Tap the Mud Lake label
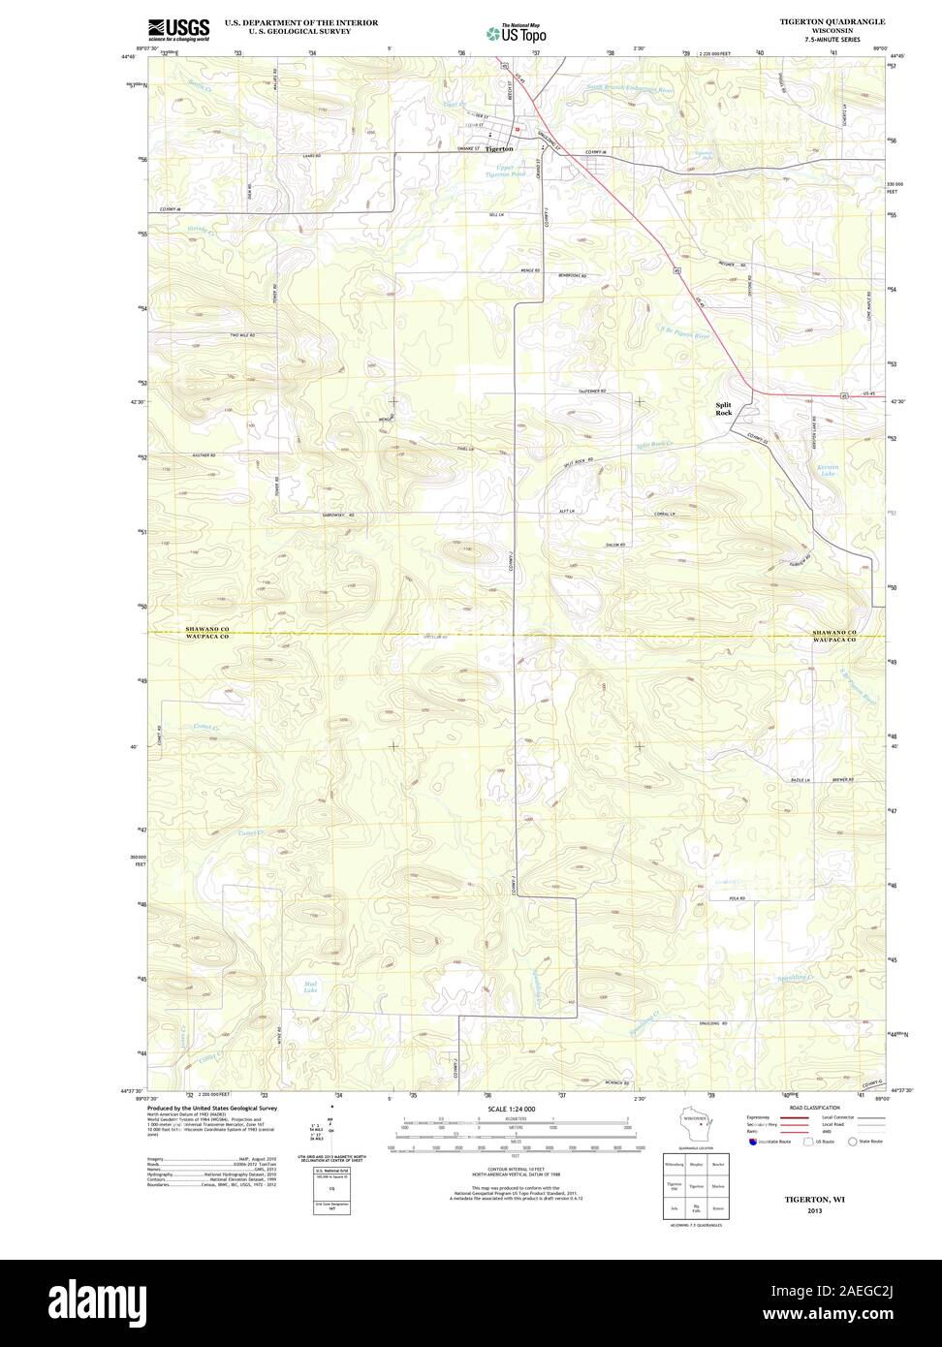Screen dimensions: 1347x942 pos(310,987)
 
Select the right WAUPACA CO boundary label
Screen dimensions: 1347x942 pos(834,641)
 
